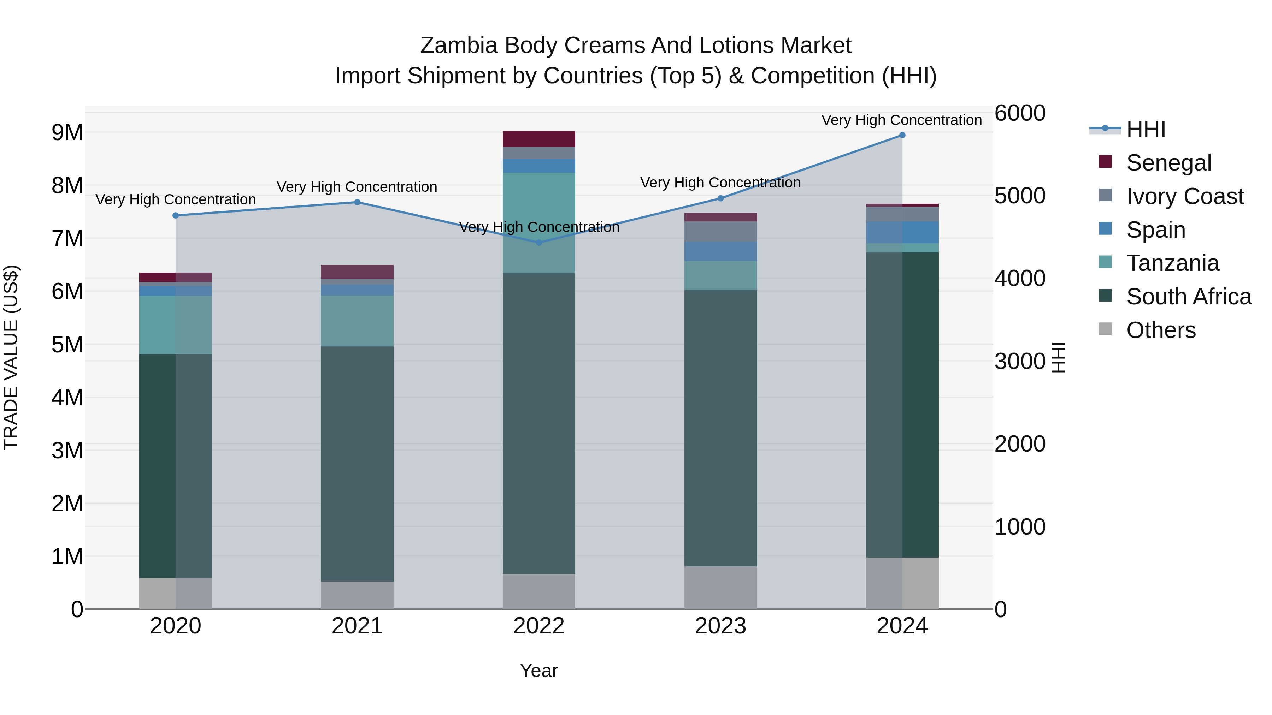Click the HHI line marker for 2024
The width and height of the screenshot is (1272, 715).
tap(902, 135)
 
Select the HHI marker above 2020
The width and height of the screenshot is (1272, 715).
tap(176, 216)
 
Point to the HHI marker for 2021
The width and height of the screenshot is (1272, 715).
tap(357, 202)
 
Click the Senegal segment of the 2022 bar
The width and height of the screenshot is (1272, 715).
tap(539, 139)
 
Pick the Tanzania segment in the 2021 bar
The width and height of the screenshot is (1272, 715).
tap(357, 321)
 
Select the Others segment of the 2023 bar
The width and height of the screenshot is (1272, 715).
tap(720, 587)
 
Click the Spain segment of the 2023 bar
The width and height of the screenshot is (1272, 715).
tap(720, 252)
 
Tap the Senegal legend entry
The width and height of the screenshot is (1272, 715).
tap(1168, 163)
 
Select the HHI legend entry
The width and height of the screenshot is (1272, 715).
tap(1146, 129)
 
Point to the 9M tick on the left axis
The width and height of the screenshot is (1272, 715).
tap(67, 132)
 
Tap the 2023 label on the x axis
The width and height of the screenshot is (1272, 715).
tap(720, 626)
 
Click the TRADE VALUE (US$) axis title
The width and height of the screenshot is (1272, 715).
tap(11, 358)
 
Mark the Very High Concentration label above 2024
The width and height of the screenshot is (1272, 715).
tap(902, 120)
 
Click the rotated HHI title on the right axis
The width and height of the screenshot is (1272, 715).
tap(1059, 358)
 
